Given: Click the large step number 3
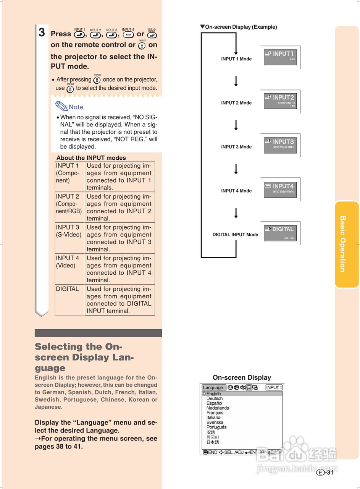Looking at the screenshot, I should click(x=42, y=33).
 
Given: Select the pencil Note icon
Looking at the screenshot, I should click(x=61, y=106).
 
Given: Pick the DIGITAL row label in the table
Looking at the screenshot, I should click(x=68, y=289).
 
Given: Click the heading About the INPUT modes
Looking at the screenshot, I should click(x=91, y=158).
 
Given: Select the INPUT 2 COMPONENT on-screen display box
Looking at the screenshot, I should click(x=280, y=100).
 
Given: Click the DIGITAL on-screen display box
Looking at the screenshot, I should click(x=280, y=232).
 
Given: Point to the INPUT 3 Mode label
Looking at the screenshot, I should click(x=236, y=147).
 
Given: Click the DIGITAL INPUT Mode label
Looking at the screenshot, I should click(x=235, y=235).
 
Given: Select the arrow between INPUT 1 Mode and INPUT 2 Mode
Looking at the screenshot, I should click(x=236, y=81).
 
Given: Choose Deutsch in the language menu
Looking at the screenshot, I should click(x=215, y=398).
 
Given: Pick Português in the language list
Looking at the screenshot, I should click(x=216, y=427).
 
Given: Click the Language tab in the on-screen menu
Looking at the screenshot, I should click(x=213, y=387).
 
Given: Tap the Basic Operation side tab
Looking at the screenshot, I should click(x=347, y=244).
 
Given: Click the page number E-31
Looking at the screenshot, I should click(x=325, y=473).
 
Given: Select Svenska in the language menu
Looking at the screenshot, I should click(x=215, y=423).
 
